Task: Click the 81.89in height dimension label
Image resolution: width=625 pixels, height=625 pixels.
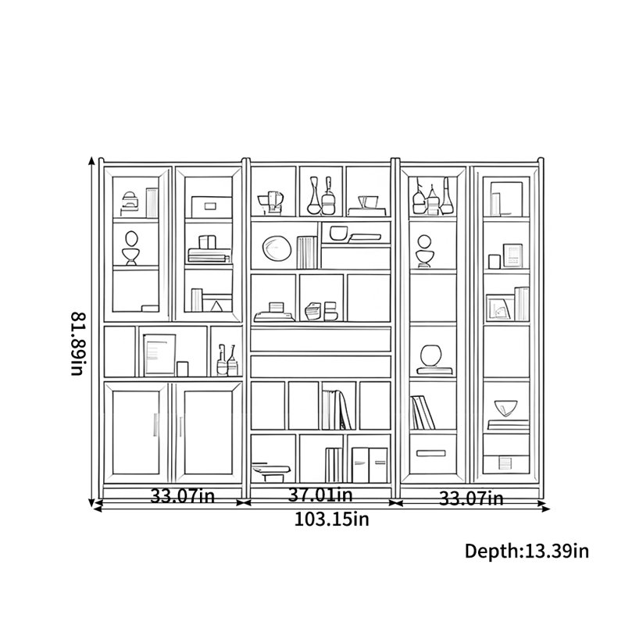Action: pos(78,344)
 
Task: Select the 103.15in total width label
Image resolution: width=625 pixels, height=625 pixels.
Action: pos(331,520)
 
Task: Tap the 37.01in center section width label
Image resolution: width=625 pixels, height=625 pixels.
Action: pos(320,495)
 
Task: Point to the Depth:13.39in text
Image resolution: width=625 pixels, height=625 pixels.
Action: pos(527,551)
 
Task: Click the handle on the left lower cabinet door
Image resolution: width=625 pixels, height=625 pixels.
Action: pos(155,425)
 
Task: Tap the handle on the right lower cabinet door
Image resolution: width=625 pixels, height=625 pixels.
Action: pos(180,427)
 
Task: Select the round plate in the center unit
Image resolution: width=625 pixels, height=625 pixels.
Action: pos(277,248)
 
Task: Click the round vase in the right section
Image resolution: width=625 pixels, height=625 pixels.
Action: pos(431,355)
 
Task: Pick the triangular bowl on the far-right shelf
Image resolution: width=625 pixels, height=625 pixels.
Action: pos(505,408)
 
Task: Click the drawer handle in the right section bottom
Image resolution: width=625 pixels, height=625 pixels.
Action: pos(431,453)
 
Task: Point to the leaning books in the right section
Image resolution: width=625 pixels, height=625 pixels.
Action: pos(423,412)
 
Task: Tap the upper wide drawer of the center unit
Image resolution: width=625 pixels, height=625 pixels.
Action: pos(321,339)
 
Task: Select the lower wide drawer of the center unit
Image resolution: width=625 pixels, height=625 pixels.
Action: pos(321,366)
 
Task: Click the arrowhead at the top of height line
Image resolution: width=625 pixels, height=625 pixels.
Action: pos(91,160)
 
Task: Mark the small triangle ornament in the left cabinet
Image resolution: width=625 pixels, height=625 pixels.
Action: pos(216,306)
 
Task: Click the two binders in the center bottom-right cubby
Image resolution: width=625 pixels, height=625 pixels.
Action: pos(370,465)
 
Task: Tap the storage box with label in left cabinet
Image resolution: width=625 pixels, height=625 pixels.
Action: pos(211,207)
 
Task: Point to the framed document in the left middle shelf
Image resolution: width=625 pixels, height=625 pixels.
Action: pos(160,355)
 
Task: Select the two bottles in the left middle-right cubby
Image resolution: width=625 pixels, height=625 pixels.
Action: pos(227,360)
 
